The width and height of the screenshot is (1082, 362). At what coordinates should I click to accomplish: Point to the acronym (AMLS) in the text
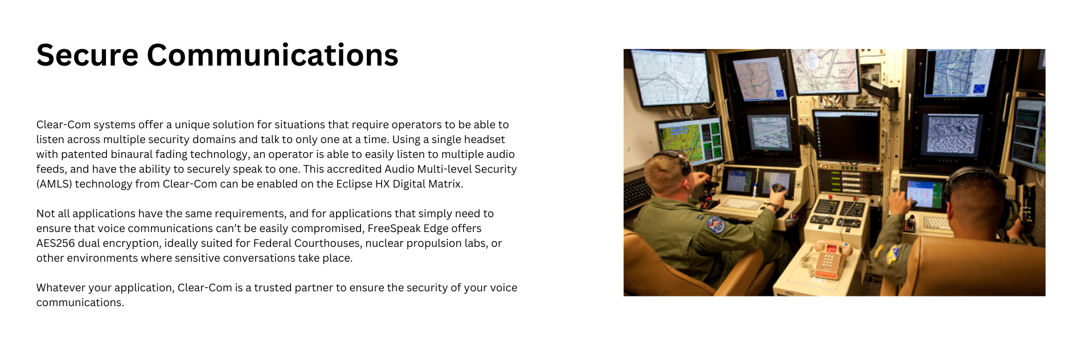54,184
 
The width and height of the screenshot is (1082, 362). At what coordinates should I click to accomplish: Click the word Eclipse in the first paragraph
354,184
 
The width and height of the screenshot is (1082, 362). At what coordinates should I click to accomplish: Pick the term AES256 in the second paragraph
55,243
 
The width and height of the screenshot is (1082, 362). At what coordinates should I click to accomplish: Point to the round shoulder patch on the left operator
715,224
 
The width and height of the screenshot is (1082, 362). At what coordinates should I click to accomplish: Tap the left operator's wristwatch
772,206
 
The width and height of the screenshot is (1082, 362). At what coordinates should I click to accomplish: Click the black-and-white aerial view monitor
951,134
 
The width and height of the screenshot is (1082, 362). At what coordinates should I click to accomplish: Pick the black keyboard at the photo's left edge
637,191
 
